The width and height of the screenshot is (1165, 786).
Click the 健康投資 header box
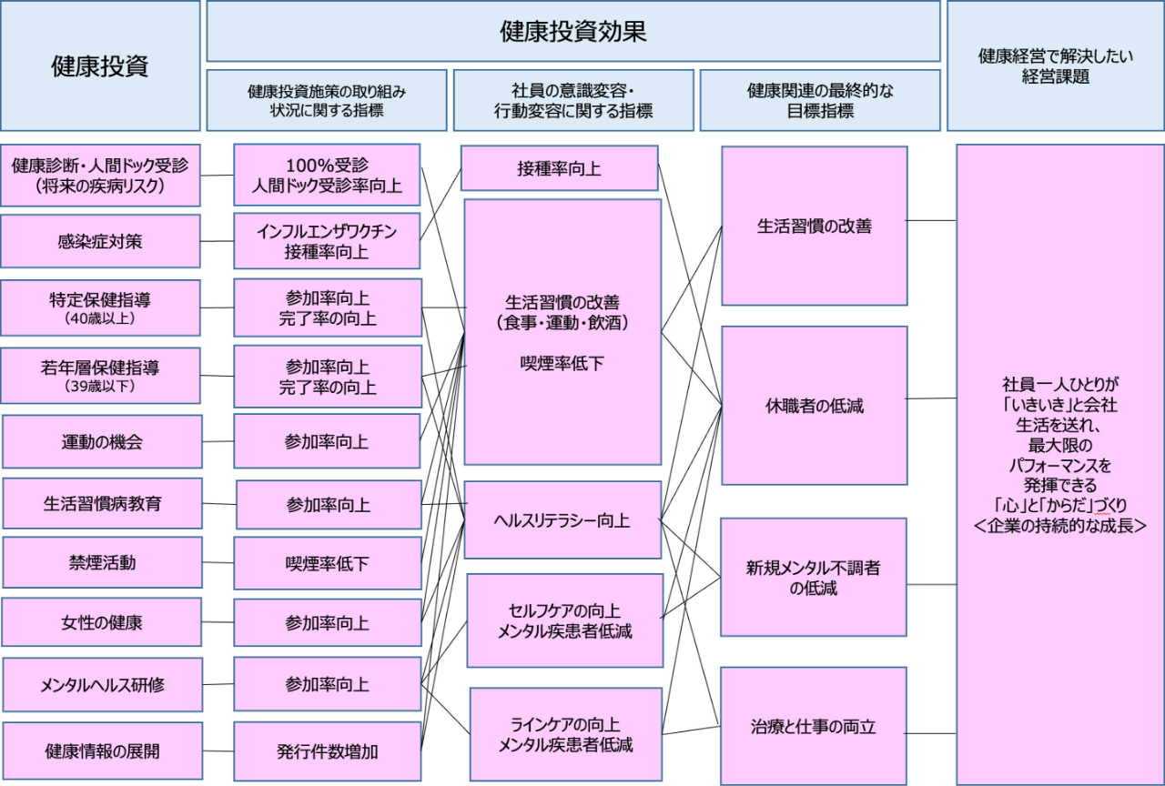pyautogui.click(x=100, y=65)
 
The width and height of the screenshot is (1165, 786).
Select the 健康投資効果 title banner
pyautogui.click(x=573, y=31)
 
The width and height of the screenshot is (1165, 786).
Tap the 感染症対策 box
pyautogui.click(x=100, y=241)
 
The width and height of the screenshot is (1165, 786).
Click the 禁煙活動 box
pyautogui.click(x=102, y=562)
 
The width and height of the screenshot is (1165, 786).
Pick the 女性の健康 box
pyautogui.click(x=102, y=623)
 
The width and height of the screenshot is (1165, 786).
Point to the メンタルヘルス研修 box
pyautogui.click(x=102, y=684)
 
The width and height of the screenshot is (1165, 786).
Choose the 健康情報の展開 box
pyautogui.click(x=102, y=751)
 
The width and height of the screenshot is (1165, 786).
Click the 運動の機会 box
pyautogui.click(x=102, y=442)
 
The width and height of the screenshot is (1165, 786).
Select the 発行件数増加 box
pyautogui.click(x=328, y=751)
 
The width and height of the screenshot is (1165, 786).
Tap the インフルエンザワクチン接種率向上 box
pyautogui.click(x=327, y=241)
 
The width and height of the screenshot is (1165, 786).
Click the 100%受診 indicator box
pyautogui.click(x=327, y=176)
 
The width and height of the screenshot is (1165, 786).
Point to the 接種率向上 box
pyautogui.click(x=559, y=168)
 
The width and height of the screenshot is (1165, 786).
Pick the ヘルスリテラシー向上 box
pyautogui.click(x=562, y=520)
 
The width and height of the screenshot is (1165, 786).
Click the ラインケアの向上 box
pyautogui.click(x=565, y=735)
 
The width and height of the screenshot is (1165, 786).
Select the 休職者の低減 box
pyautogui.click(x=815, y=406)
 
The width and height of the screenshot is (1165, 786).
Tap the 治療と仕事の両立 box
pyautogui.click(x=815, y=726)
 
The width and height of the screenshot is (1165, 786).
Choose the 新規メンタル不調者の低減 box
pyautogui.click(x=815, y=578)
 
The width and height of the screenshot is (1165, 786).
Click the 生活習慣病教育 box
pyautogui.click(x=102, y=503)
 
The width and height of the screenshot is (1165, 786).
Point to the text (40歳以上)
pyautogui.click(x=100, y=319)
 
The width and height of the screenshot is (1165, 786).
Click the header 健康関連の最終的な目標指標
pyautogui.click(x=820, y=100)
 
